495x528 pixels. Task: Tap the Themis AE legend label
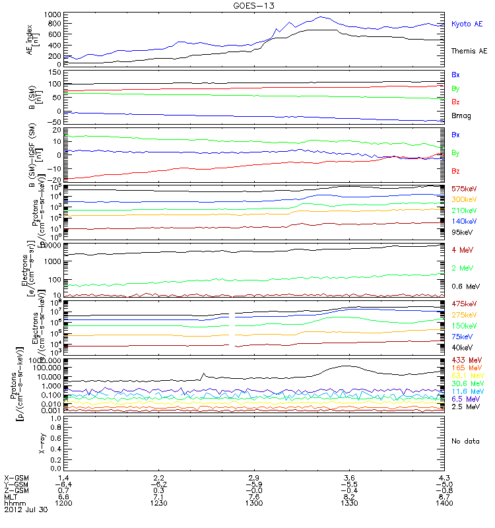(x=469, y=51)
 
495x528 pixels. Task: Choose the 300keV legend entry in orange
(x=464, y=199)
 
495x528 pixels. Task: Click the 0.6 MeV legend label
(x=465, y=286)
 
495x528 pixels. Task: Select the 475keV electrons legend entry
(x=464, y=303)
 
